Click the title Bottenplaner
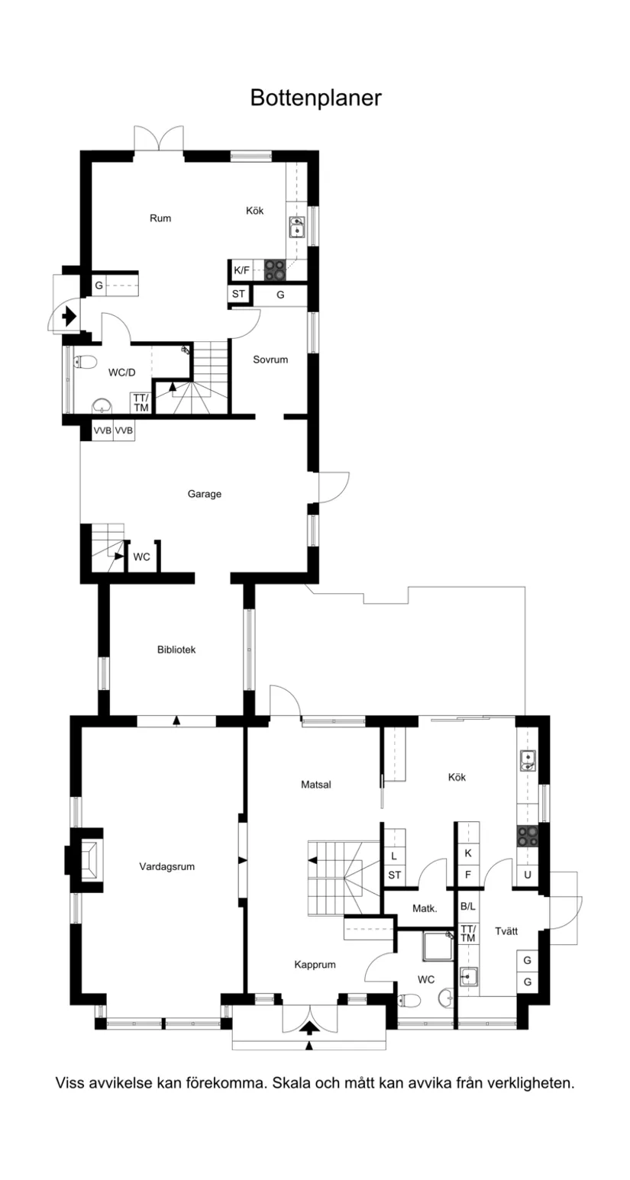pos(315,98)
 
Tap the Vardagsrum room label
pos(168,866)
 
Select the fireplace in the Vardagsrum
pos(86,860)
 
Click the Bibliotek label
pos(176,650)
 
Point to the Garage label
pos(205,494)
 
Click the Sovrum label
pos(270,359)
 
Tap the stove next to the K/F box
pos(275,269)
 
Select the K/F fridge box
pos(241,269)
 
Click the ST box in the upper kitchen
pos(238,295)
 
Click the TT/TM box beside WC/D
pos(141,403)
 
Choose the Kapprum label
pos(315,964)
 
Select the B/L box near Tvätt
pos(467,907)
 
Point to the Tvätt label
pos(506,931)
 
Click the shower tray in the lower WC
pos(438,947)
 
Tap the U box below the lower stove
pos(527,875)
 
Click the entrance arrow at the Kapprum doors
pos(310,1027)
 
